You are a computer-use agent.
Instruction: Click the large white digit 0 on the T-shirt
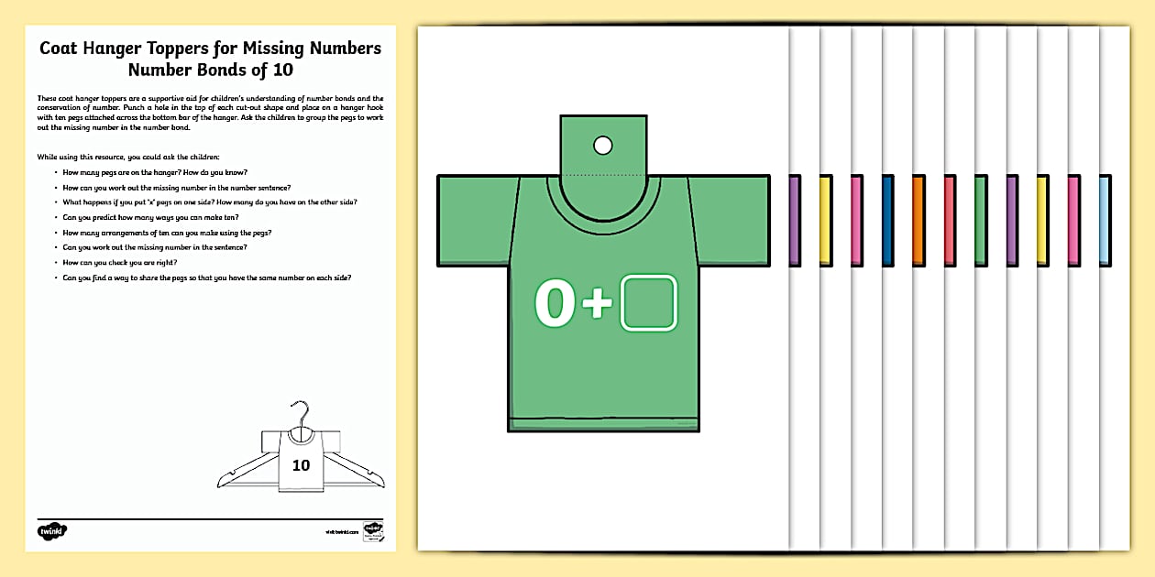point(555,304)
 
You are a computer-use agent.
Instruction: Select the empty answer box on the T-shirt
point(649,303)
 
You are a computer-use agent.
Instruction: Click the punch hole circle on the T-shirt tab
point(602,145)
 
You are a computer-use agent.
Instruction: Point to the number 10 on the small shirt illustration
point(301,465)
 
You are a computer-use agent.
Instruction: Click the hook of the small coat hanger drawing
point(300,411)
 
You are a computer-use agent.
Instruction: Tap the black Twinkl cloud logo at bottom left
point(53,530)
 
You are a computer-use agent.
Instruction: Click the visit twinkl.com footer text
point(340,531)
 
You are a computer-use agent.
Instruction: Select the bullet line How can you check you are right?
point(126,262)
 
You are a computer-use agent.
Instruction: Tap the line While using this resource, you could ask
point(128,158)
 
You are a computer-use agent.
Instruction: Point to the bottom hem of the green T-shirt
point(603,423)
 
